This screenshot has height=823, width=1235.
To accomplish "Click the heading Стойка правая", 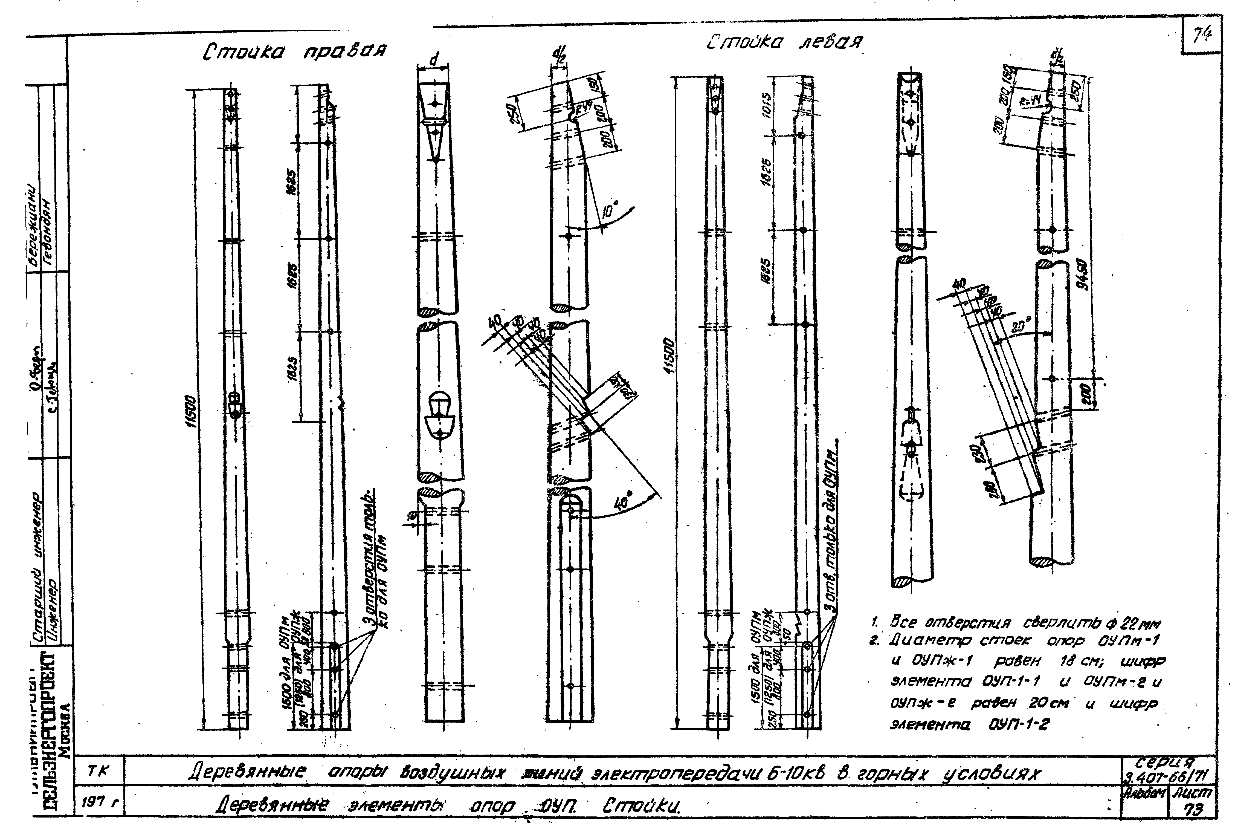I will pos(295,51).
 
